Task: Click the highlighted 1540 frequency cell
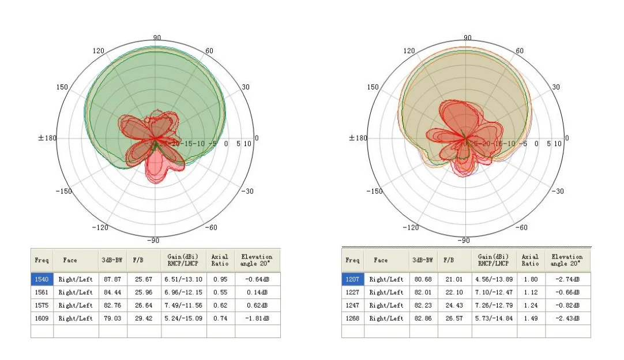(42, 279)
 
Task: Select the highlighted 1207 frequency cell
(352, 279)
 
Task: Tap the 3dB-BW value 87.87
(113, 279)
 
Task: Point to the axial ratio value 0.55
(219, 292)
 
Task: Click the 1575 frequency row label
(42, 305)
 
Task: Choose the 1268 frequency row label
(352, 318)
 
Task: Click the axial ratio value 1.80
(530, 279)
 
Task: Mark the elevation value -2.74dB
(568, 279)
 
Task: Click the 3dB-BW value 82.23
(423, 305)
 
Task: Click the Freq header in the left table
(42, 260)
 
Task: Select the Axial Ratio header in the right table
(530, 260)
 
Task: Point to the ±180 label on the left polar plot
(47, 138)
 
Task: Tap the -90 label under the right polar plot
(463, 240)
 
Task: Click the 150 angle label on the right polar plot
(373, 87)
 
